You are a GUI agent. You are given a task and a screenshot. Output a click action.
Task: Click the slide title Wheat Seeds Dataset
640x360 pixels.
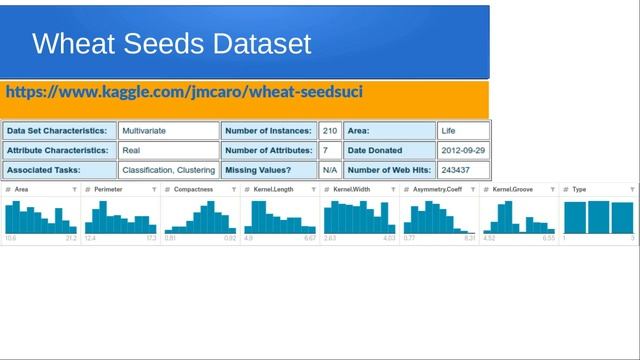(x=171, y=44)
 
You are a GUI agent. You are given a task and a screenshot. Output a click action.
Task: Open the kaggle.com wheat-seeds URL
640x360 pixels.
(x=184, y=92)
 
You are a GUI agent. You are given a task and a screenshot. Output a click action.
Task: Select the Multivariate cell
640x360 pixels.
(x=144, y=131)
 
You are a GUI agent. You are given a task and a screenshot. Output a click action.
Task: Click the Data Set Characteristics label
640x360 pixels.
(x=56, y=131)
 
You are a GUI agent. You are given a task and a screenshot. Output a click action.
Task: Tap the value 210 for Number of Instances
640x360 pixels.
(x=329, y=131)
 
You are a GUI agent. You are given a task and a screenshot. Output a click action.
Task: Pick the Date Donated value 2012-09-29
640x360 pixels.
(x=464, y=151)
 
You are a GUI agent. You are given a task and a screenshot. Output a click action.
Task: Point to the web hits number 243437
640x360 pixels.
(x=457, y=170)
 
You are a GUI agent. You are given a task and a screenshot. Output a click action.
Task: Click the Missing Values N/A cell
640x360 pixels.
(x=329, y=170)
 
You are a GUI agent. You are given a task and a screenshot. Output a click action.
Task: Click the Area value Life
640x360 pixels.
(x=448, y=131)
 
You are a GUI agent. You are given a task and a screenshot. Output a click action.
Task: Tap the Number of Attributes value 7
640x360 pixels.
(x=325, y=151)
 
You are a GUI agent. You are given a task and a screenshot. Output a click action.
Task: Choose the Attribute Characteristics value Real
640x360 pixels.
(x=131, y=151)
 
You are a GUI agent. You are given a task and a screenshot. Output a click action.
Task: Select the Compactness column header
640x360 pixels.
(x=192, y=189)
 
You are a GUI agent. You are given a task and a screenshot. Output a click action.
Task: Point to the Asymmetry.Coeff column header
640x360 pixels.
(x=437, y=189)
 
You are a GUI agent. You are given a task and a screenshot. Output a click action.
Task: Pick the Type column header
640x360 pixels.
(x=579, y=189)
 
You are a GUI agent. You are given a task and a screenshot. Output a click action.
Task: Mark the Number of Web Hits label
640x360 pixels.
(x=388, y=170)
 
